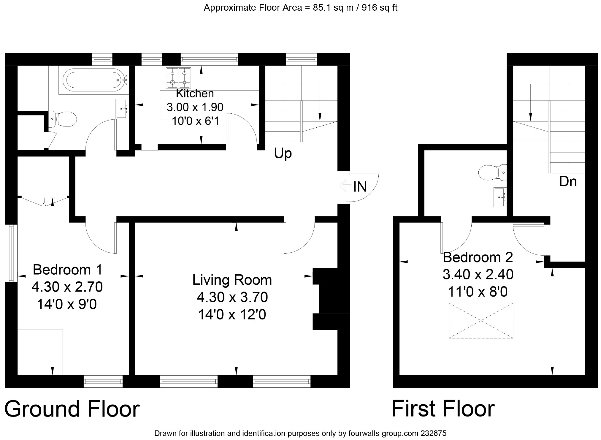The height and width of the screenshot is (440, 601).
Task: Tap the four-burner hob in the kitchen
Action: pos(178,77)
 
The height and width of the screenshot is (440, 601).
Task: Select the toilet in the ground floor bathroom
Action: pos(62,119)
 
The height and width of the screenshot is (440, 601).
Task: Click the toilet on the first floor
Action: pos(493,172)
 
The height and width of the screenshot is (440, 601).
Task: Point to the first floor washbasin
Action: pos(500,197)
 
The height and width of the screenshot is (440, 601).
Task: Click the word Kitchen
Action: pos(195,94)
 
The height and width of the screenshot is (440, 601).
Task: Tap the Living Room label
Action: pos(232,280)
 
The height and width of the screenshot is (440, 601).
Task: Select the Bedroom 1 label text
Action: pos(67,270)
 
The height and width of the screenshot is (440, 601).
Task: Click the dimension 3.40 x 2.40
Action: pos(478,275)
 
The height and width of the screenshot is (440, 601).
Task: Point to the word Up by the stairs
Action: pos(283,154)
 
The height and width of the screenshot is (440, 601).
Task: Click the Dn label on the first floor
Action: pos(568,181)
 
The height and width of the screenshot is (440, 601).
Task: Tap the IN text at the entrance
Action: pos(360,187)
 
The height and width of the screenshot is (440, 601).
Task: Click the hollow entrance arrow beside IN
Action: pos(345,186)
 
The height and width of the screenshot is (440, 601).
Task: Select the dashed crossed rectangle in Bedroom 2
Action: pos(481,320)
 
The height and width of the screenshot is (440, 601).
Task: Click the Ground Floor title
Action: pos(72,409)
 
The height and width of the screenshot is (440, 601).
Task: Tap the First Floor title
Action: pos(443,409)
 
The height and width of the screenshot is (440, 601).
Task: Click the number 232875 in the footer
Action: pos(434,433)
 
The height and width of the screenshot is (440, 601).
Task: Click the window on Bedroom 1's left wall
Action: pos(11,253)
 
